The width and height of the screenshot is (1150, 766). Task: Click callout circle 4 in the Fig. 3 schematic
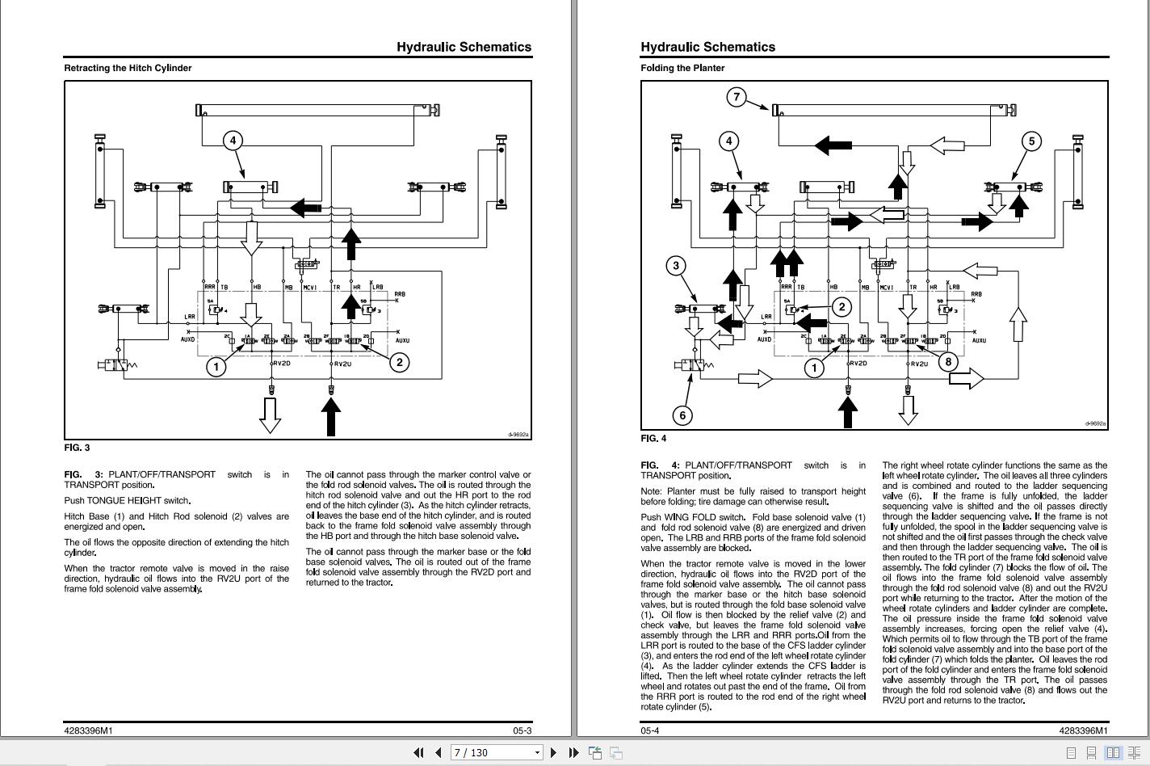click(x=233, y=141)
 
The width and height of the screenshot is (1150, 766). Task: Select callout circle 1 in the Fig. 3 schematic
click(x=216, y=367)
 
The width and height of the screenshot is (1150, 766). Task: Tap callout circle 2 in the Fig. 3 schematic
click(x=399, y=362)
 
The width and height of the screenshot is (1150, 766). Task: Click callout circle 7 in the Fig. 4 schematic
click(x=736, y=97)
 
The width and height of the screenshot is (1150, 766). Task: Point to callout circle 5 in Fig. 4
click(x=1031, y=141)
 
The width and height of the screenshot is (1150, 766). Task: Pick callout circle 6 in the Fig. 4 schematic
click(x=682, y=415)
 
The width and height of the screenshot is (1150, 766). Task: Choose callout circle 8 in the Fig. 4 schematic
click(x=948, y=361)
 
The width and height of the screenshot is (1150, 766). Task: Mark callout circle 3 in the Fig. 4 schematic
click(x=676, y=265)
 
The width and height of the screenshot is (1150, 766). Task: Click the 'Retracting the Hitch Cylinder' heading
click(x=128, y=68)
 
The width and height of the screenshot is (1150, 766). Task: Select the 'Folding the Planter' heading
click(x=682, y=68)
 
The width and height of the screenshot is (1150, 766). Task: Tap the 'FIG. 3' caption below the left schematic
click(x=77, y=448)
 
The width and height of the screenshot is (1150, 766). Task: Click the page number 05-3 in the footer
click(x=522, y=731)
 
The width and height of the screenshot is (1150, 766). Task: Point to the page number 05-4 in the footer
click(x=650, y=731)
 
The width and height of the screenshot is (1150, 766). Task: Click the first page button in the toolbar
click(x=418, y=752)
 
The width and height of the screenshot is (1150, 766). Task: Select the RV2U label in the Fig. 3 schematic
click(x=342, y=364)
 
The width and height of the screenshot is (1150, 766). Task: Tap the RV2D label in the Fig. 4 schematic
click(x=858, y=364)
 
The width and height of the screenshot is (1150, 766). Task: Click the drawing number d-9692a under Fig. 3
click(x=518, y=435)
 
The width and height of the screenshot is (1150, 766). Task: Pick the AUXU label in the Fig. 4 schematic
click(x=979, y=341)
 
